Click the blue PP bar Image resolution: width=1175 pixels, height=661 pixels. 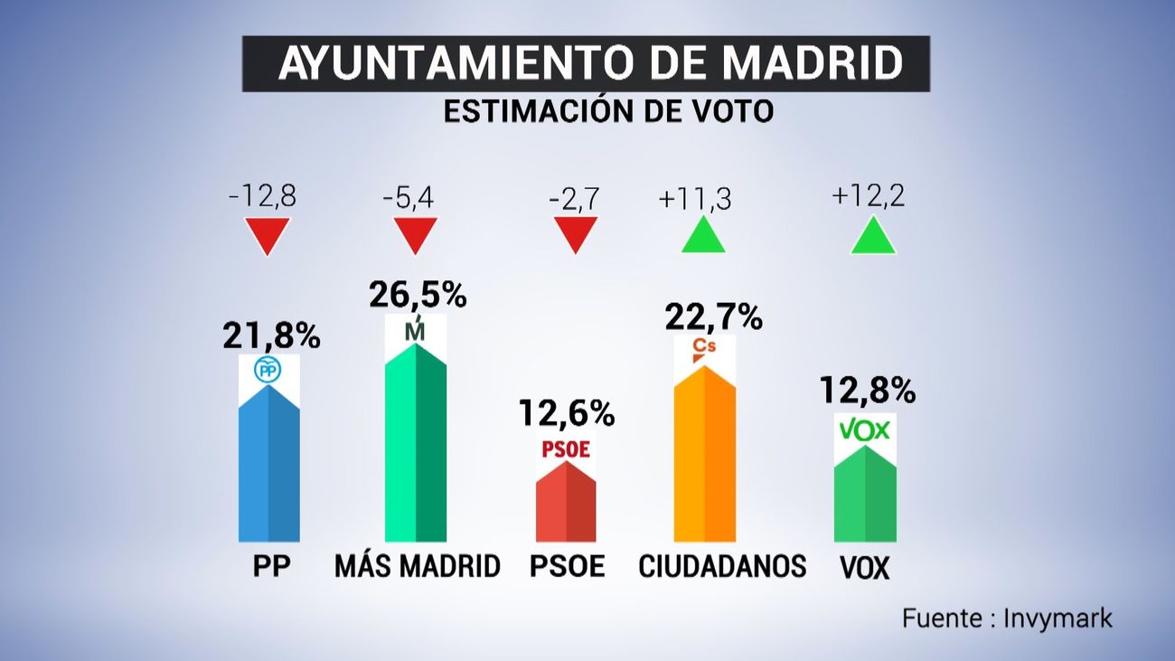(268, 470)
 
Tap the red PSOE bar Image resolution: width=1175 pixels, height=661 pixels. (566, 506)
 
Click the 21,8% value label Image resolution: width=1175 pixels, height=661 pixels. (271, 336)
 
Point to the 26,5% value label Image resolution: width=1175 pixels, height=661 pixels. (418, 294)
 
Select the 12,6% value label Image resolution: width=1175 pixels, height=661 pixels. (567, 413)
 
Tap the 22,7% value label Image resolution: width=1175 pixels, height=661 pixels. (713, 316)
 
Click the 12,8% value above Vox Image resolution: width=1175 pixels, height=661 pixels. (867, 391)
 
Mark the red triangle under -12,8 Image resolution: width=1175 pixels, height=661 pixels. (268, 234)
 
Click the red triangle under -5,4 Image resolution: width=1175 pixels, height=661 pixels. (416, 234)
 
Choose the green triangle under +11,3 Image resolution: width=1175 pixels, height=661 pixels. (702, 237)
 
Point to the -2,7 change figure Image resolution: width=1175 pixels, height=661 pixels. (573, 196)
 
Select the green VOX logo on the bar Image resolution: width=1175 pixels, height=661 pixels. (865, 430)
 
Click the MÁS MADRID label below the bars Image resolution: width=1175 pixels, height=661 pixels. (417, 566)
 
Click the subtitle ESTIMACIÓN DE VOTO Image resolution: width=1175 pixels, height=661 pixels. (607, 111)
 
